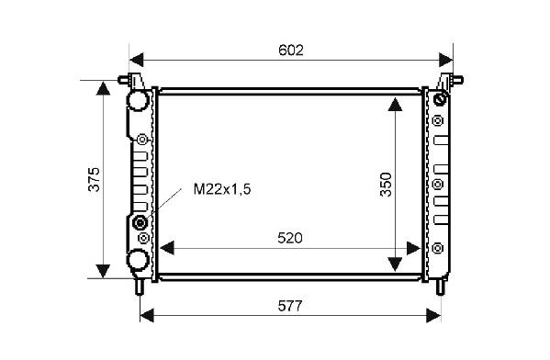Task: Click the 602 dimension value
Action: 291,51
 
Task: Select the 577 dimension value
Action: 290,307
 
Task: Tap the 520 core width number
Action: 290,238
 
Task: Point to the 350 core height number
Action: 386,185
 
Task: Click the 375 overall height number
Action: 94,179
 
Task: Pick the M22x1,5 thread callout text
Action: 222,189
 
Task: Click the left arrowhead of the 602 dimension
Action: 137,60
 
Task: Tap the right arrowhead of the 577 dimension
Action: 433,315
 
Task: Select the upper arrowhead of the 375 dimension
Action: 103,88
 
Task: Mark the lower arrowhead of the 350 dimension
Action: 396,264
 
